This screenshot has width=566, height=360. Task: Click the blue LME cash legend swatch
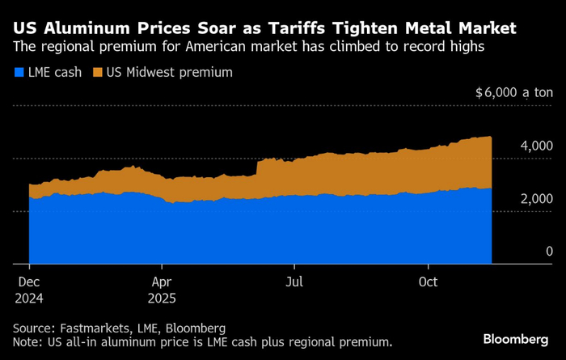[19, 73]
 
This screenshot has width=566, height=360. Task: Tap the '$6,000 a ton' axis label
[513, 93]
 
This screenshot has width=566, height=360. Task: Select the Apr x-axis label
[162, 282]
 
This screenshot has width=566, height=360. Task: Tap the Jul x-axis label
[294, 282]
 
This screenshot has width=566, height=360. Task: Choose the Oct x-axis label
[428, 282]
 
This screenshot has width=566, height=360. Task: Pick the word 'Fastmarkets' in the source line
[99, 328]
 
